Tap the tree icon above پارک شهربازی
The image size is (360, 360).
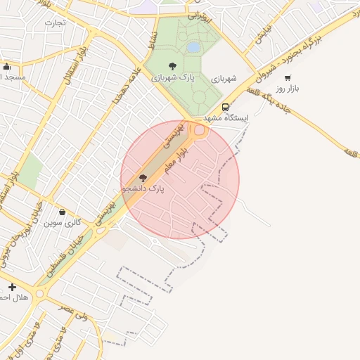[x=172, y=66]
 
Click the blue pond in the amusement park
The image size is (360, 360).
[x=193, y=47]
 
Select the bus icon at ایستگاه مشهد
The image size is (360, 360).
[x=225, y=108]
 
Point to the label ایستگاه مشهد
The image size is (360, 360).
[x=223, y=117]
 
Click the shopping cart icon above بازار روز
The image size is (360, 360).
[x=288, y=78]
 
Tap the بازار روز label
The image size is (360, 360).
[x=288, y=89]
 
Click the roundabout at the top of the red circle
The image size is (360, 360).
[x=199, y=130]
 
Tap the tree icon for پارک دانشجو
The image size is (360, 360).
[x=143, y=179]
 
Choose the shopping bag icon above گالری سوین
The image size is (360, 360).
[x=62, y=212]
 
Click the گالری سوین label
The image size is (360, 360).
[x=63, y=222]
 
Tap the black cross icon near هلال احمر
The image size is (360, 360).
[x=12, y=287]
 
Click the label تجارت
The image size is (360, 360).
[x=55, y=22]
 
